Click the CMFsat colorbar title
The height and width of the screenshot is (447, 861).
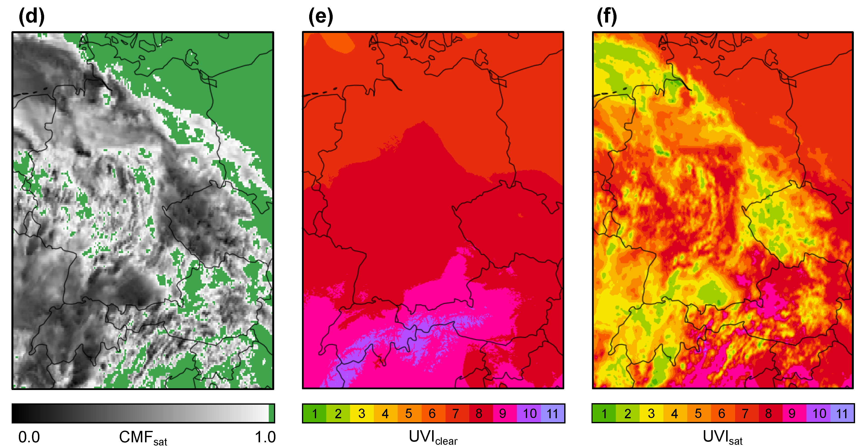[143, 438]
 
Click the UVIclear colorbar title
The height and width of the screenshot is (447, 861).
[433, 438]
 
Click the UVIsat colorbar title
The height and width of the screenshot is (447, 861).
[722, 438]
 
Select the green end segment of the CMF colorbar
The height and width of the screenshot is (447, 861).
[271, 413]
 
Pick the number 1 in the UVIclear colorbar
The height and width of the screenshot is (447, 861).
[315, 414]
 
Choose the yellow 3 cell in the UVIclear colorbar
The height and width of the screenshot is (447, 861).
[362, 414]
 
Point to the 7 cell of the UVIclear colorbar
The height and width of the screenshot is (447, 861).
[456, 414]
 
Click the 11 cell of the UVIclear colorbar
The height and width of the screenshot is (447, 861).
[552, 414]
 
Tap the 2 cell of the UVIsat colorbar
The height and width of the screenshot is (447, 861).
[628, 414]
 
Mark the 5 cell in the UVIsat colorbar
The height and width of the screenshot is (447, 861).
[698, 414]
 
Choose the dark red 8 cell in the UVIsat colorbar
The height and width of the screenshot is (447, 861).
[769, 414]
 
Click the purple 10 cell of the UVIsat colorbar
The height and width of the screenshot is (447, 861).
[819, 414]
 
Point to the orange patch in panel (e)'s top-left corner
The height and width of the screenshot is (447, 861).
[338, 42]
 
